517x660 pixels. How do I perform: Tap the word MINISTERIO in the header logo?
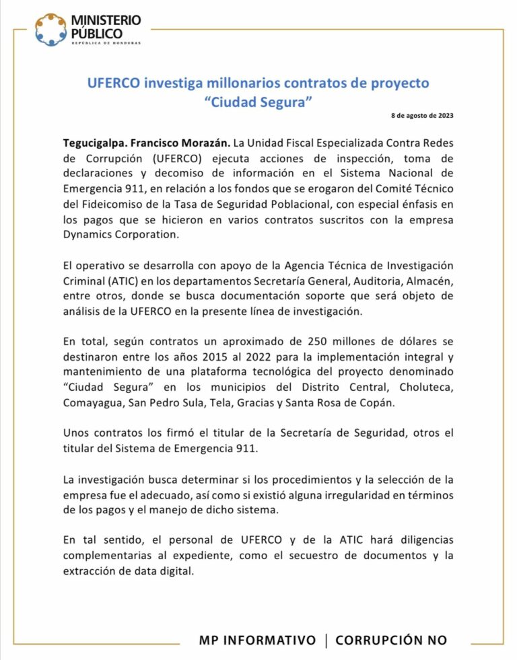106,21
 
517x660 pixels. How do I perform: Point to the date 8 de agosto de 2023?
422,116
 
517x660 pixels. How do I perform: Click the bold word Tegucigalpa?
92,143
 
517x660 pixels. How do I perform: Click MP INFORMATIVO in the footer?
257,640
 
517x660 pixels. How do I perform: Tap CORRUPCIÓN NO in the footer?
391,640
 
